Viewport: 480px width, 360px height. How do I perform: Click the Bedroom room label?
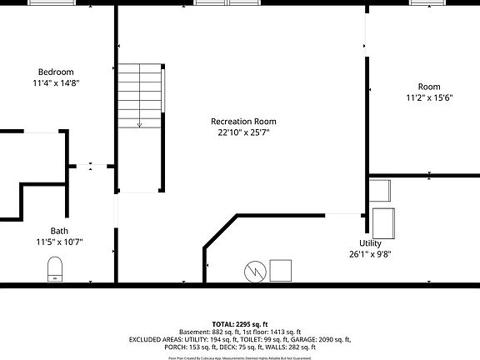coord(56,72)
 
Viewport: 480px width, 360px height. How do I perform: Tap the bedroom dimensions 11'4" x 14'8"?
coord(56,83)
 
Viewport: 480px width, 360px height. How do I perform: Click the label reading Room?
coord(429,87)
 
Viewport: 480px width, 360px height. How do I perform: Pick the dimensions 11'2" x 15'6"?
coord(429,98)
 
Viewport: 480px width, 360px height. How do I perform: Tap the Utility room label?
coord(370,242)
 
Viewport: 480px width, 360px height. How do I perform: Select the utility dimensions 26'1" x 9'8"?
coord(370,254)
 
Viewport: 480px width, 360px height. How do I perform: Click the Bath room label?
coord(59,231)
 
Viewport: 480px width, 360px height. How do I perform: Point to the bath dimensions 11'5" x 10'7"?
coord(59,242)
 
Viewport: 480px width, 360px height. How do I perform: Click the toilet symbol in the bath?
coord(56,268)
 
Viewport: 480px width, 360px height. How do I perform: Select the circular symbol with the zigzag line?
coord(254,271)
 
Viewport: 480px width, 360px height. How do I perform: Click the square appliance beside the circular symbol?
coord(280,271)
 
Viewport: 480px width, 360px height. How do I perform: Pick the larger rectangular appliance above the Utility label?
coord(383,223)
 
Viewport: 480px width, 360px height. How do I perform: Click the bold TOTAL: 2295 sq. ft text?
coord(240,323)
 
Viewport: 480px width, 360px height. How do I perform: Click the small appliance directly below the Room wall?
coord(379,191)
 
